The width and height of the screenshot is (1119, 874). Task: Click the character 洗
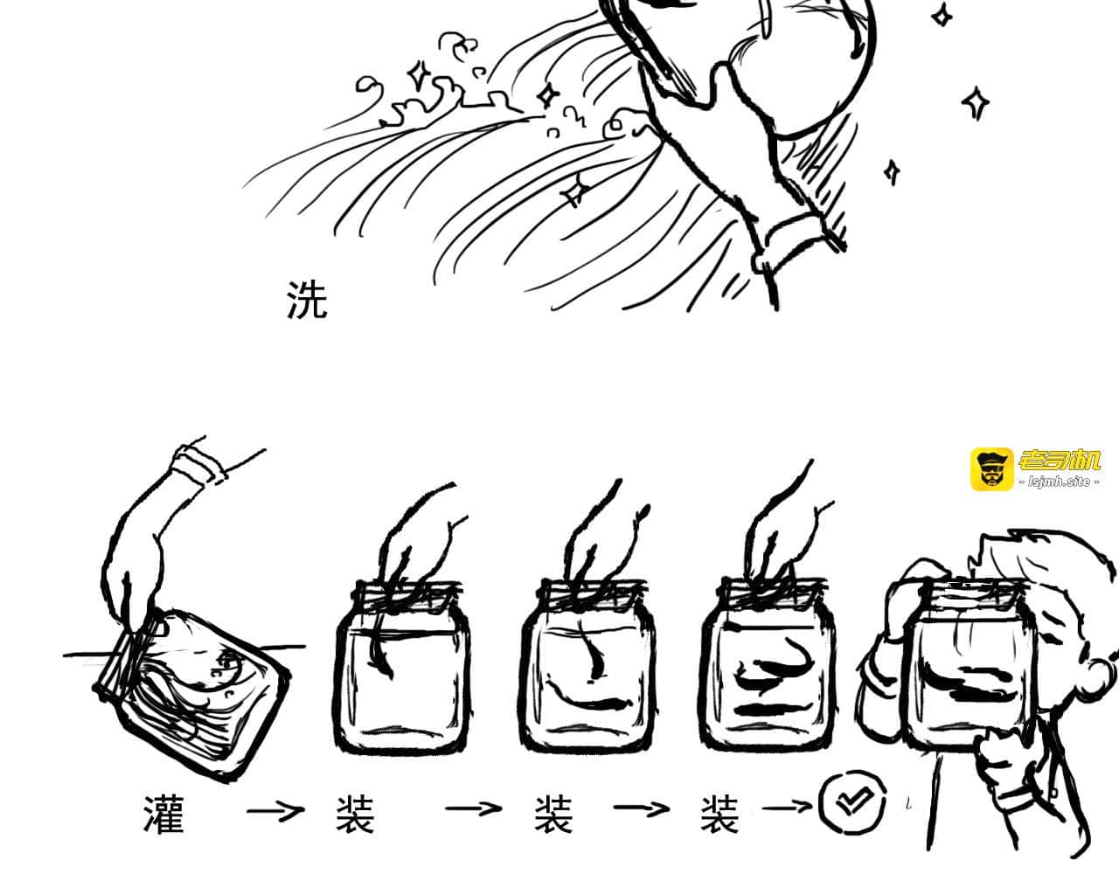(x=306, y=300)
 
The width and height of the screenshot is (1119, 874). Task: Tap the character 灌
(x=163, y=815)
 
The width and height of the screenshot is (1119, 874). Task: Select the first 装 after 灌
(x=355, y=815)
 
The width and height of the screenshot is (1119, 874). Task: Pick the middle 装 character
(x=553, y=815)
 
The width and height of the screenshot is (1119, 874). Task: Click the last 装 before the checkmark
(x=719, y=815)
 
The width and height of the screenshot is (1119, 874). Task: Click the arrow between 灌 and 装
(x=275, y=812)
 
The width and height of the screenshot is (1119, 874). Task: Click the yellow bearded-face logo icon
(x=992, y=469)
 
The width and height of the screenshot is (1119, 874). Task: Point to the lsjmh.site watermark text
(x=1060, y=482)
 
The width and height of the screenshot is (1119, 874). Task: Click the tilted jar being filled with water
(x=193, y=693)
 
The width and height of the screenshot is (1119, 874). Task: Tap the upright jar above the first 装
(x=402, y=665)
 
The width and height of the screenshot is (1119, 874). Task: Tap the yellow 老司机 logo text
(x=1060, y=461)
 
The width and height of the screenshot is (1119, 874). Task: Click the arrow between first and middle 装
(x=473, y=808)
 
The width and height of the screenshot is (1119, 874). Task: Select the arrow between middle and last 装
(x=642, y=808)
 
